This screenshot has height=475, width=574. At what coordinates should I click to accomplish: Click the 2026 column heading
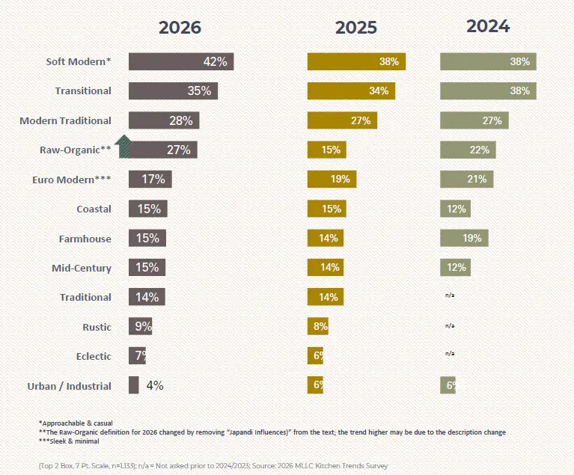(180, 28)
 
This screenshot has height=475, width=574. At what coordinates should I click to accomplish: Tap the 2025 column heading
(355, 28)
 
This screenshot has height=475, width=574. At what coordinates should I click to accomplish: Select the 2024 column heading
(488, 26)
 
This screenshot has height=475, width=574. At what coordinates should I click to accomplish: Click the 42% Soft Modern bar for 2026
(181, 61)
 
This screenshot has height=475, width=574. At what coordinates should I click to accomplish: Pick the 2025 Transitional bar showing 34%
(351, 91)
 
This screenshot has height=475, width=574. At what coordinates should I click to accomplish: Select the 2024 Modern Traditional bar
(474, 120)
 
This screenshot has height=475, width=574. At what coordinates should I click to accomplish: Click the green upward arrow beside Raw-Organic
(124, 147)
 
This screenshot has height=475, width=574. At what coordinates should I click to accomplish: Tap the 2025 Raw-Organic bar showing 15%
(326, 150)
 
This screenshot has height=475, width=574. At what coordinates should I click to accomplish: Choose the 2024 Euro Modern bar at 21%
(467, 180)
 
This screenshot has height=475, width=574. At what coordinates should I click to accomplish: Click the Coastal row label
(94, 209)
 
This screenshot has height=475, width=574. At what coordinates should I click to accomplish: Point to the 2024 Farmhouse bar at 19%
(464, 238)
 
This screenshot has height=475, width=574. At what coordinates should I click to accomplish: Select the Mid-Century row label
(82, 269)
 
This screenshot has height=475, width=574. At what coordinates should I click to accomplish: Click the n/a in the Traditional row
(450, 295)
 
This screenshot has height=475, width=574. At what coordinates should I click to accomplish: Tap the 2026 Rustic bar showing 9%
(140, 326)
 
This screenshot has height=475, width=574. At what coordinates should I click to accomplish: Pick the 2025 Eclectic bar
(315, 356)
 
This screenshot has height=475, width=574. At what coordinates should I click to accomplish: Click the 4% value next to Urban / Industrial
(155, 385)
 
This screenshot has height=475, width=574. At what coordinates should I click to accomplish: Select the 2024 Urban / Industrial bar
(448, 385)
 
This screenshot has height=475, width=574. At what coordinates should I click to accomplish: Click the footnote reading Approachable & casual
(76, 423)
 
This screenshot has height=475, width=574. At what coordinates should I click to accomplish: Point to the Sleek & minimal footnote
(69, 441)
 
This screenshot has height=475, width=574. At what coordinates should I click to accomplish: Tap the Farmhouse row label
(85, 239)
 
